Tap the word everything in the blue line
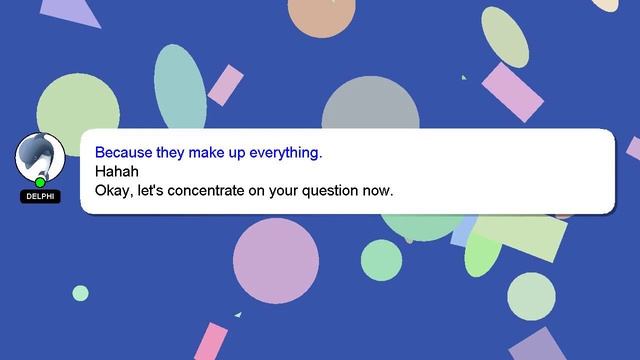(286, 153)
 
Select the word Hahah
(116, 171)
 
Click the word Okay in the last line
(112, 189)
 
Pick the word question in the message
(332, 189)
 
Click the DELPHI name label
(40, 197)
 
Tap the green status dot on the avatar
(40, 182)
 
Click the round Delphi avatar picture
(40, 157)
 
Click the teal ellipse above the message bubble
(179, 88)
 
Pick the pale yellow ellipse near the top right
(505, 37)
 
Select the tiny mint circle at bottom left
(80, 293)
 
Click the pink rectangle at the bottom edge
(211, 342)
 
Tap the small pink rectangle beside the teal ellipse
(225, 85)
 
